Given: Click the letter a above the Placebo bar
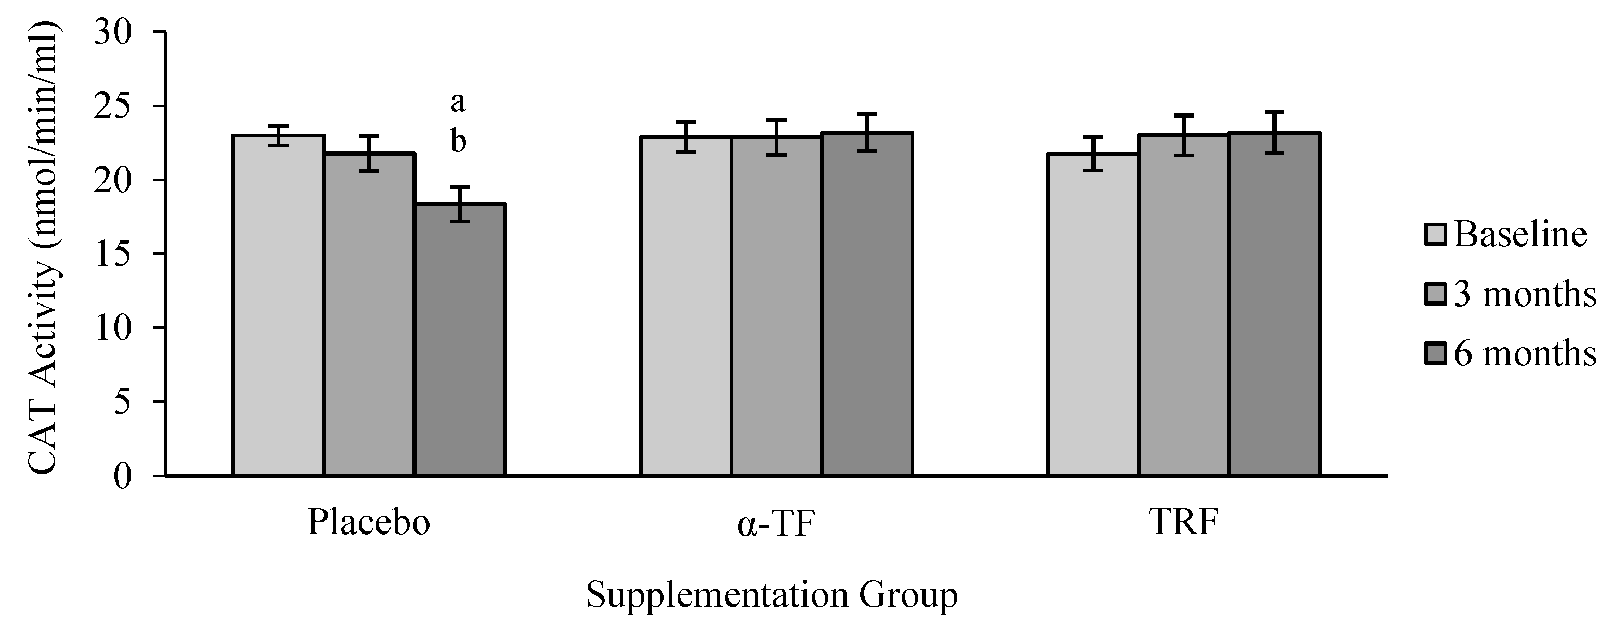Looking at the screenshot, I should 458,102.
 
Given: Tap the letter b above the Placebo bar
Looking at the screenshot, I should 458,142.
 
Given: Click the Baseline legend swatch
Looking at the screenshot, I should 1435,234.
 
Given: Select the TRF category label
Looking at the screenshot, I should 1184,522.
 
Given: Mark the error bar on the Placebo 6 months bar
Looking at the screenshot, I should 460,204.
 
